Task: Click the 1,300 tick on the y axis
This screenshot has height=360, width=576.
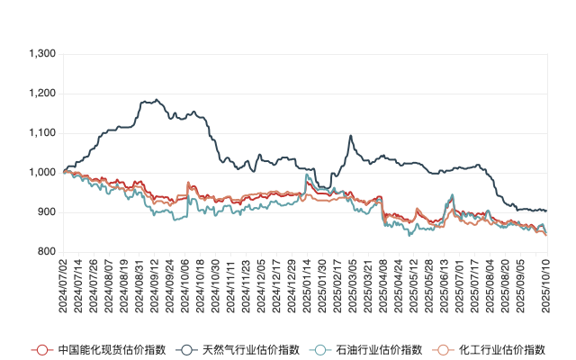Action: click(x=43, y=54)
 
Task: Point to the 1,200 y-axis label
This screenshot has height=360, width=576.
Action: click(x=43, y=94)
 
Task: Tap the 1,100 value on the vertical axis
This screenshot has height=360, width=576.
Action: click(x=43, y=133)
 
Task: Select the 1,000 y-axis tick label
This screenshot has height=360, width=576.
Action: click(x=43, y=173)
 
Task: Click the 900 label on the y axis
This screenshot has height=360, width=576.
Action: click(x=47, y=212)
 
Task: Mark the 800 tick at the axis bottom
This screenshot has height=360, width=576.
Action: click(x=47, y=252)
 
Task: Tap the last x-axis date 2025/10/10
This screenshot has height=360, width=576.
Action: click(x=545, y=283)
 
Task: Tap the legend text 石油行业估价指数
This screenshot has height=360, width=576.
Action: click(x=365, y=349)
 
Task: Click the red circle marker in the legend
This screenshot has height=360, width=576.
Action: click(x=40, y=349)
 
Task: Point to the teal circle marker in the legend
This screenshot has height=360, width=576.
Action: click(x=319, y=349)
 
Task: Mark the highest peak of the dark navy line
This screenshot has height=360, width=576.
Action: click(x=157, y=99)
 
